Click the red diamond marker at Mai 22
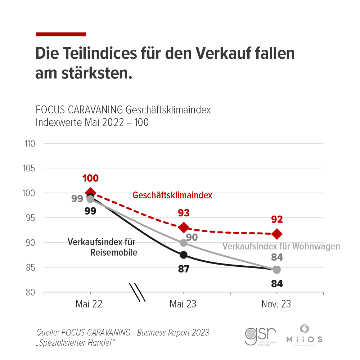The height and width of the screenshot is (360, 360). pyautogui.click(x=90, y=193)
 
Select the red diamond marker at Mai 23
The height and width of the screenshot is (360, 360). pyautogui.click(x=184, y=227)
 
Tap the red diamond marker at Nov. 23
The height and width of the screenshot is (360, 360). pyautogui.click(x=277, y=234)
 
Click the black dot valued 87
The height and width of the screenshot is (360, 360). pyautogui.click(x=184, y=255)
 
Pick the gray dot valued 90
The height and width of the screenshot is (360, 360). pyautogui.click(x=184, y=243)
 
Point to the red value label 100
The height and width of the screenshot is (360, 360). pyautogui.click(x=90, y=178)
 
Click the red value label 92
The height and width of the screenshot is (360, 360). pyautogui.click(x=277, y=219)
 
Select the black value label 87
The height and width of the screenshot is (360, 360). pyautogui.click(x=184, y=269)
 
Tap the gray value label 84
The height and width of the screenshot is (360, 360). pyautogui.click(x=277, y=257)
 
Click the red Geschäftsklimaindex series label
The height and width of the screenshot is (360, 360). pyautogui.click(x=172, y=195)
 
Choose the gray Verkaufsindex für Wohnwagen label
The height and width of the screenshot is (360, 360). pyautogui.click(x=282, y=247)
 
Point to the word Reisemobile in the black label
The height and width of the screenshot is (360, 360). pyautogui.click(x=114, y=253)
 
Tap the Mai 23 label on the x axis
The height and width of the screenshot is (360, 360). pyautogui.click(x=183, y=304)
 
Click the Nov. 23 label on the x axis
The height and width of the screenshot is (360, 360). pyautogui.click(x=276, y=304)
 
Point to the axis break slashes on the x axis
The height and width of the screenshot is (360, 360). pyautogui.click(x=138, y=292)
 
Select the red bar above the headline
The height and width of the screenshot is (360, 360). pyautogui.click(x=61, y=34)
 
